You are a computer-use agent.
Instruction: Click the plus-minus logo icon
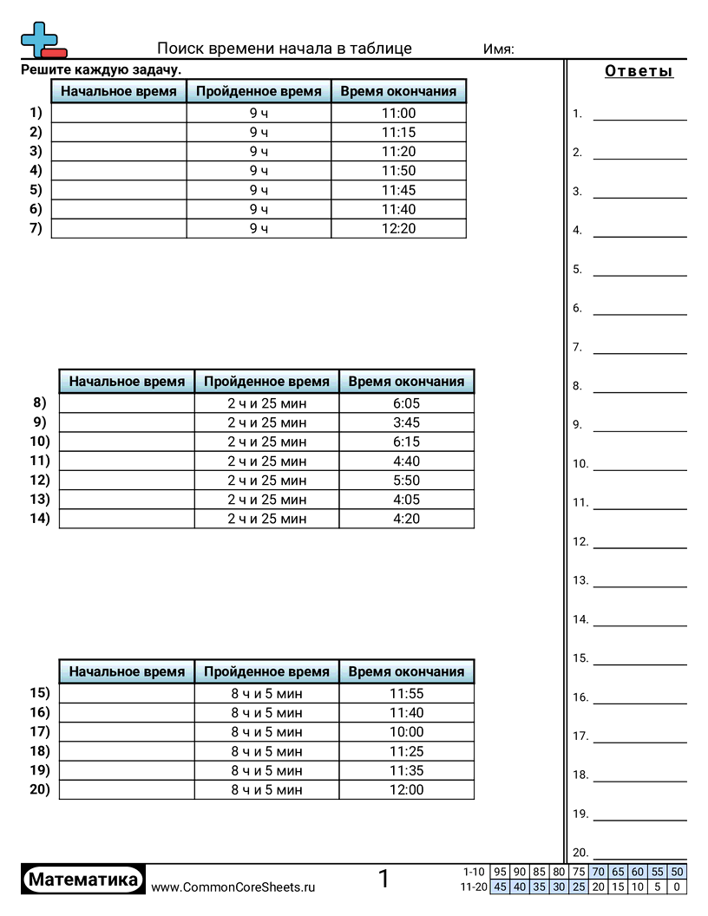(x=42, y=40)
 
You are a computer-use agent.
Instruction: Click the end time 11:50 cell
(x=398, y=171)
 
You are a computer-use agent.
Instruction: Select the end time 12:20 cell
(x=398, y=228)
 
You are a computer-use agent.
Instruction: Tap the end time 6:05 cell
(x=406, y=403)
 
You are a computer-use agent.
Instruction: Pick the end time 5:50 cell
(x=406, y=481)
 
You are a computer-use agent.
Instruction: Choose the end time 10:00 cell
(x=406, y=732)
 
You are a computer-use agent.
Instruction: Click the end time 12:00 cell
(x=406, y=789)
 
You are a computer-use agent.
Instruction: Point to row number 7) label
(x=35, y=228)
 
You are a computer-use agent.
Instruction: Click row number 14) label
(x=40, y=518)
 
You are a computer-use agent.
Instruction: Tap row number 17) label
(x=40, y=731)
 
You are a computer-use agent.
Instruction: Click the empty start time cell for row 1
(x=119, y=113)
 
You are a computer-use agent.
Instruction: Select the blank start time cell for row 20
(x=127, y=789)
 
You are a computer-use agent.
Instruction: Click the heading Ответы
(x=639, y=71)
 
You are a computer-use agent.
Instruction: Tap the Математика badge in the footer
(x=83, y=880)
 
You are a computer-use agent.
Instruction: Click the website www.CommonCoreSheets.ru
(x=233, y=887)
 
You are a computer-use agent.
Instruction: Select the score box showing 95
(x=499, y=873)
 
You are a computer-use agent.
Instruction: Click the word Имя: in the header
(x=498, y=49)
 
